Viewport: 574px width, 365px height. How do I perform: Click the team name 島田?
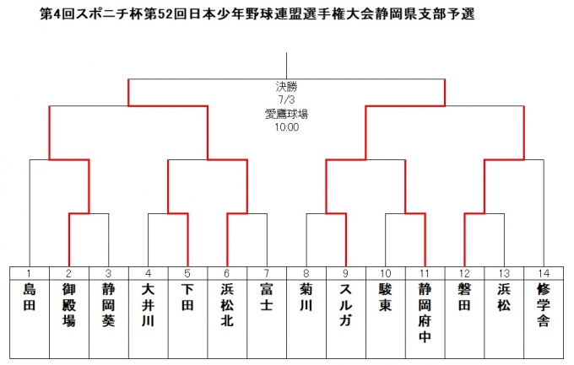pos(30,297)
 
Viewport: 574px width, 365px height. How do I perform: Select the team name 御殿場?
pos(69,305)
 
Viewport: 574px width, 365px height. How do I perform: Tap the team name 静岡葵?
pos(108,305)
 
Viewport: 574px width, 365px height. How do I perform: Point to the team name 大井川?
pos(148,305)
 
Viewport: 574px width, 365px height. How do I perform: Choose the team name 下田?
pos(187,297)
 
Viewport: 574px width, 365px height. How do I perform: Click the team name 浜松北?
pos(227,305)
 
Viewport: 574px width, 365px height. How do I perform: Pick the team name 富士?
pos(267,297)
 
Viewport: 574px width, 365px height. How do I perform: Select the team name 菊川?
pos(306,297)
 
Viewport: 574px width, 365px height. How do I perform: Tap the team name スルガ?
pos(345,305)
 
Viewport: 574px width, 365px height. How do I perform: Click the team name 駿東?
pos(385,297)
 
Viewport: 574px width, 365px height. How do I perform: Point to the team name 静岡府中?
pos(425,313)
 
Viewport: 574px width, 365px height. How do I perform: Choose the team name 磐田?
pos(464,297)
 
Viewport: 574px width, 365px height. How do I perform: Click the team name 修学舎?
pos(544,305)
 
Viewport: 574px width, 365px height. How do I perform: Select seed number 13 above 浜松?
pos(504,273)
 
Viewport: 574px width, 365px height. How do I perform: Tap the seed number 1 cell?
pos(30,273)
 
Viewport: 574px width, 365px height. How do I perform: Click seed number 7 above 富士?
pos(267,273)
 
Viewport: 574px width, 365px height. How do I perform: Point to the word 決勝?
pos(287,87)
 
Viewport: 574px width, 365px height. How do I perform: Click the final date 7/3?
pos(287,99)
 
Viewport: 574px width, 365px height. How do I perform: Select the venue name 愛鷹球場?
pos(287,114)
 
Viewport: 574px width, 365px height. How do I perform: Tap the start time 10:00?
pos(287,127)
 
